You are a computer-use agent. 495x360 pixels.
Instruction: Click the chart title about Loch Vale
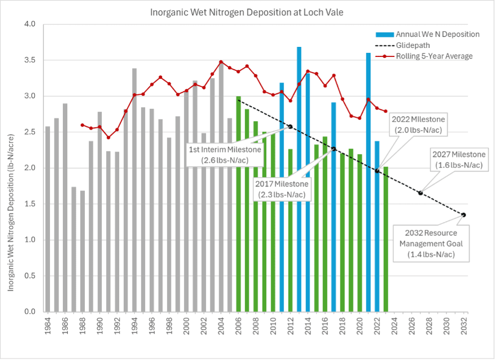(247, 11)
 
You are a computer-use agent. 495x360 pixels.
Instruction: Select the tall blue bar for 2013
(299, 180)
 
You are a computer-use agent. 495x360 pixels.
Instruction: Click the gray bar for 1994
(135, 190)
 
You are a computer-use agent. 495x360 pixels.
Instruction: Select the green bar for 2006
(238, 204)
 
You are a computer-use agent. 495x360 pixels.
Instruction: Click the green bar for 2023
(386, 239)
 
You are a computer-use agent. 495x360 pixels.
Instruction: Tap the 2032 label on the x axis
(464, 328)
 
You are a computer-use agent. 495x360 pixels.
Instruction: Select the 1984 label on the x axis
(48, 328)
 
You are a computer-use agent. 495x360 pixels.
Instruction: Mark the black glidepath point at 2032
(464, 215)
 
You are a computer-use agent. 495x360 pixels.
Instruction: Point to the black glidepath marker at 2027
(420, 193)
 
